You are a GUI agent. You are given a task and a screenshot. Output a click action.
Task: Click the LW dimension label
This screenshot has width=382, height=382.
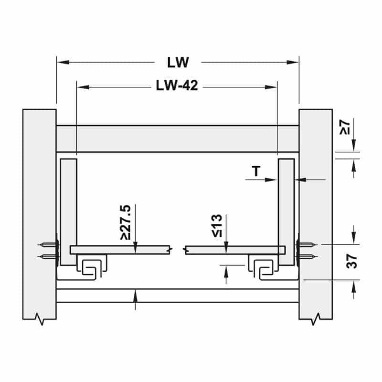[x=178, y=63]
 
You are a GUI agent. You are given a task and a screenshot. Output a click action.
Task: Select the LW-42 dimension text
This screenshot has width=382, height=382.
[x=177, y=85]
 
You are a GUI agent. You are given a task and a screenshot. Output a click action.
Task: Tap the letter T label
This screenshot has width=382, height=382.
[x=256, y=171]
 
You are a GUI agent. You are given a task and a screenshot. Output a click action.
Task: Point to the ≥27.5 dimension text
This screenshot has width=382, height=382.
[x=126, y=223]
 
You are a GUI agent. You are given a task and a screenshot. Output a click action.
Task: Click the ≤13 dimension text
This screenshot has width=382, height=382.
[x=217, y=225]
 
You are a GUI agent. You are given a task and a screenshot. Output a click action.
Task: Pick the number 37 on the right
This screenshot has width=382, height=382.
[x=351, y=261]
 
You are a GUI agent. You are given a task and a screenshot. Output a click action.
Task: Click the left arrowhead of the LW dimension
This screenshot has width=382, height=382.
[x=63, y=63]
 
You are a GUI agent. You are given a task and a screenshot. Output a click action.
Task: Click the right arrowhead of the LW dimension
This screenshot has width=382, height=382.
[x=293, y=63]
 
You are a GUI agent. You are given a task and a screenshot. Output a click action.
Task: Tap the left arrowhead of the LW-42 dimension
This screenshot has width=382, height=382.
[x=83, y=87]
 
